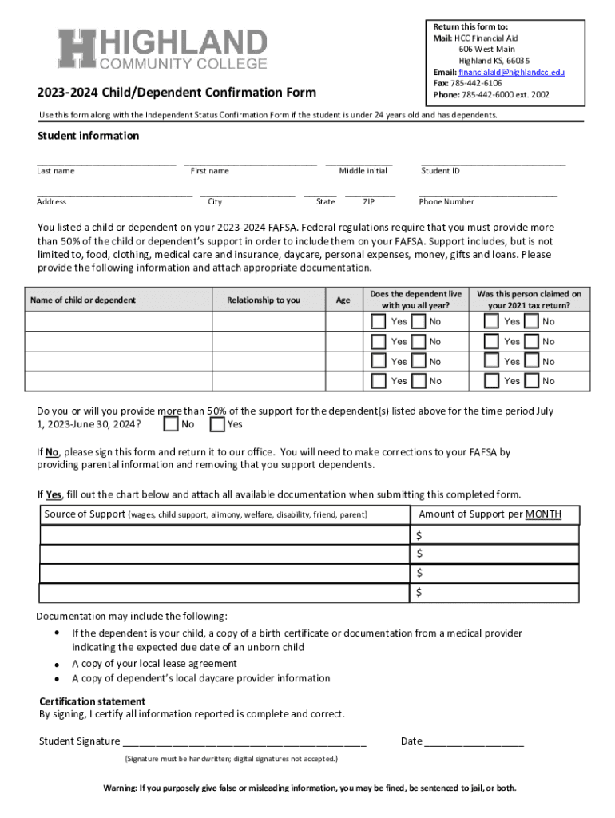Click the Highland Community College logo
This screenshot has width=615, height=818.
162,48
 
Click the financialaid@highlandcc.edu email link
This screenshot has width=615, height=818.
511,72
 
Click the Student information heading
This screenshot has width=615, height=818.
88,136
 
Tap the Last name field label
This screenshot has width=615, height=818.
56,171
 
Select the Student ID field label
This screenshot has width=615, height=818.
440,171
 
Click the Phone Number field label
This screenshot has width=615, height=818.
446,202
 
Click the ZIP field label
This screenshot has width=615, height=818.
368,202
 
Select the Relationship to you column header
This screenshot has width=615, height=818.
264,300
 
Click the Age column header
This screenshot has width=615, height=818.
343,300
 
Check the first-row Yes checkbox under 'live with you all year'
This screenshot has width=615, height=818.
379,321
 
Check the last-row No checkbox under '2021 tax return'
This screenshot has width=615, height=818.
531,381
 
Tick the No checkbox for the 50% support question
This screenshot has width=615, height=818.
170,423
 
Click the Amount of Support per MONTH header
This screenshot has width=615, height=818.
490,514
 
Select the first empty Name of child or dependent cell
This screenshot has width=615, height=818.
117,321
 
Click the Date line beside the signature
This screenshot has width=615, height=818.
474,741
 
